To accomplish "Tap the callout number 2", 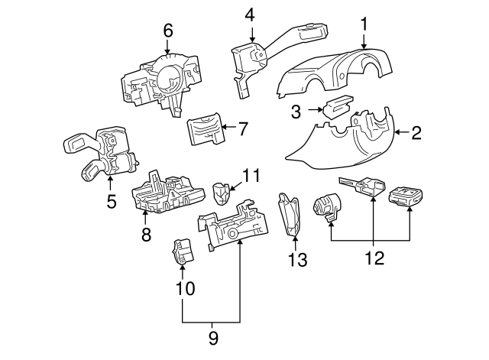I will (416, 133).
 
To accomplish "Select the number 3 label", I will (297, 112).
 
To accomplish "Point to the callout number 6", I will (168, 31).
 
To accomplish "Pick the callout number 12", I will (372, 259).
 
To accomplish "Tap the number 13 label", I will (297, 260).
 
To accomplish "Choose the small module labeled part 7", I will (204, 128).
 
